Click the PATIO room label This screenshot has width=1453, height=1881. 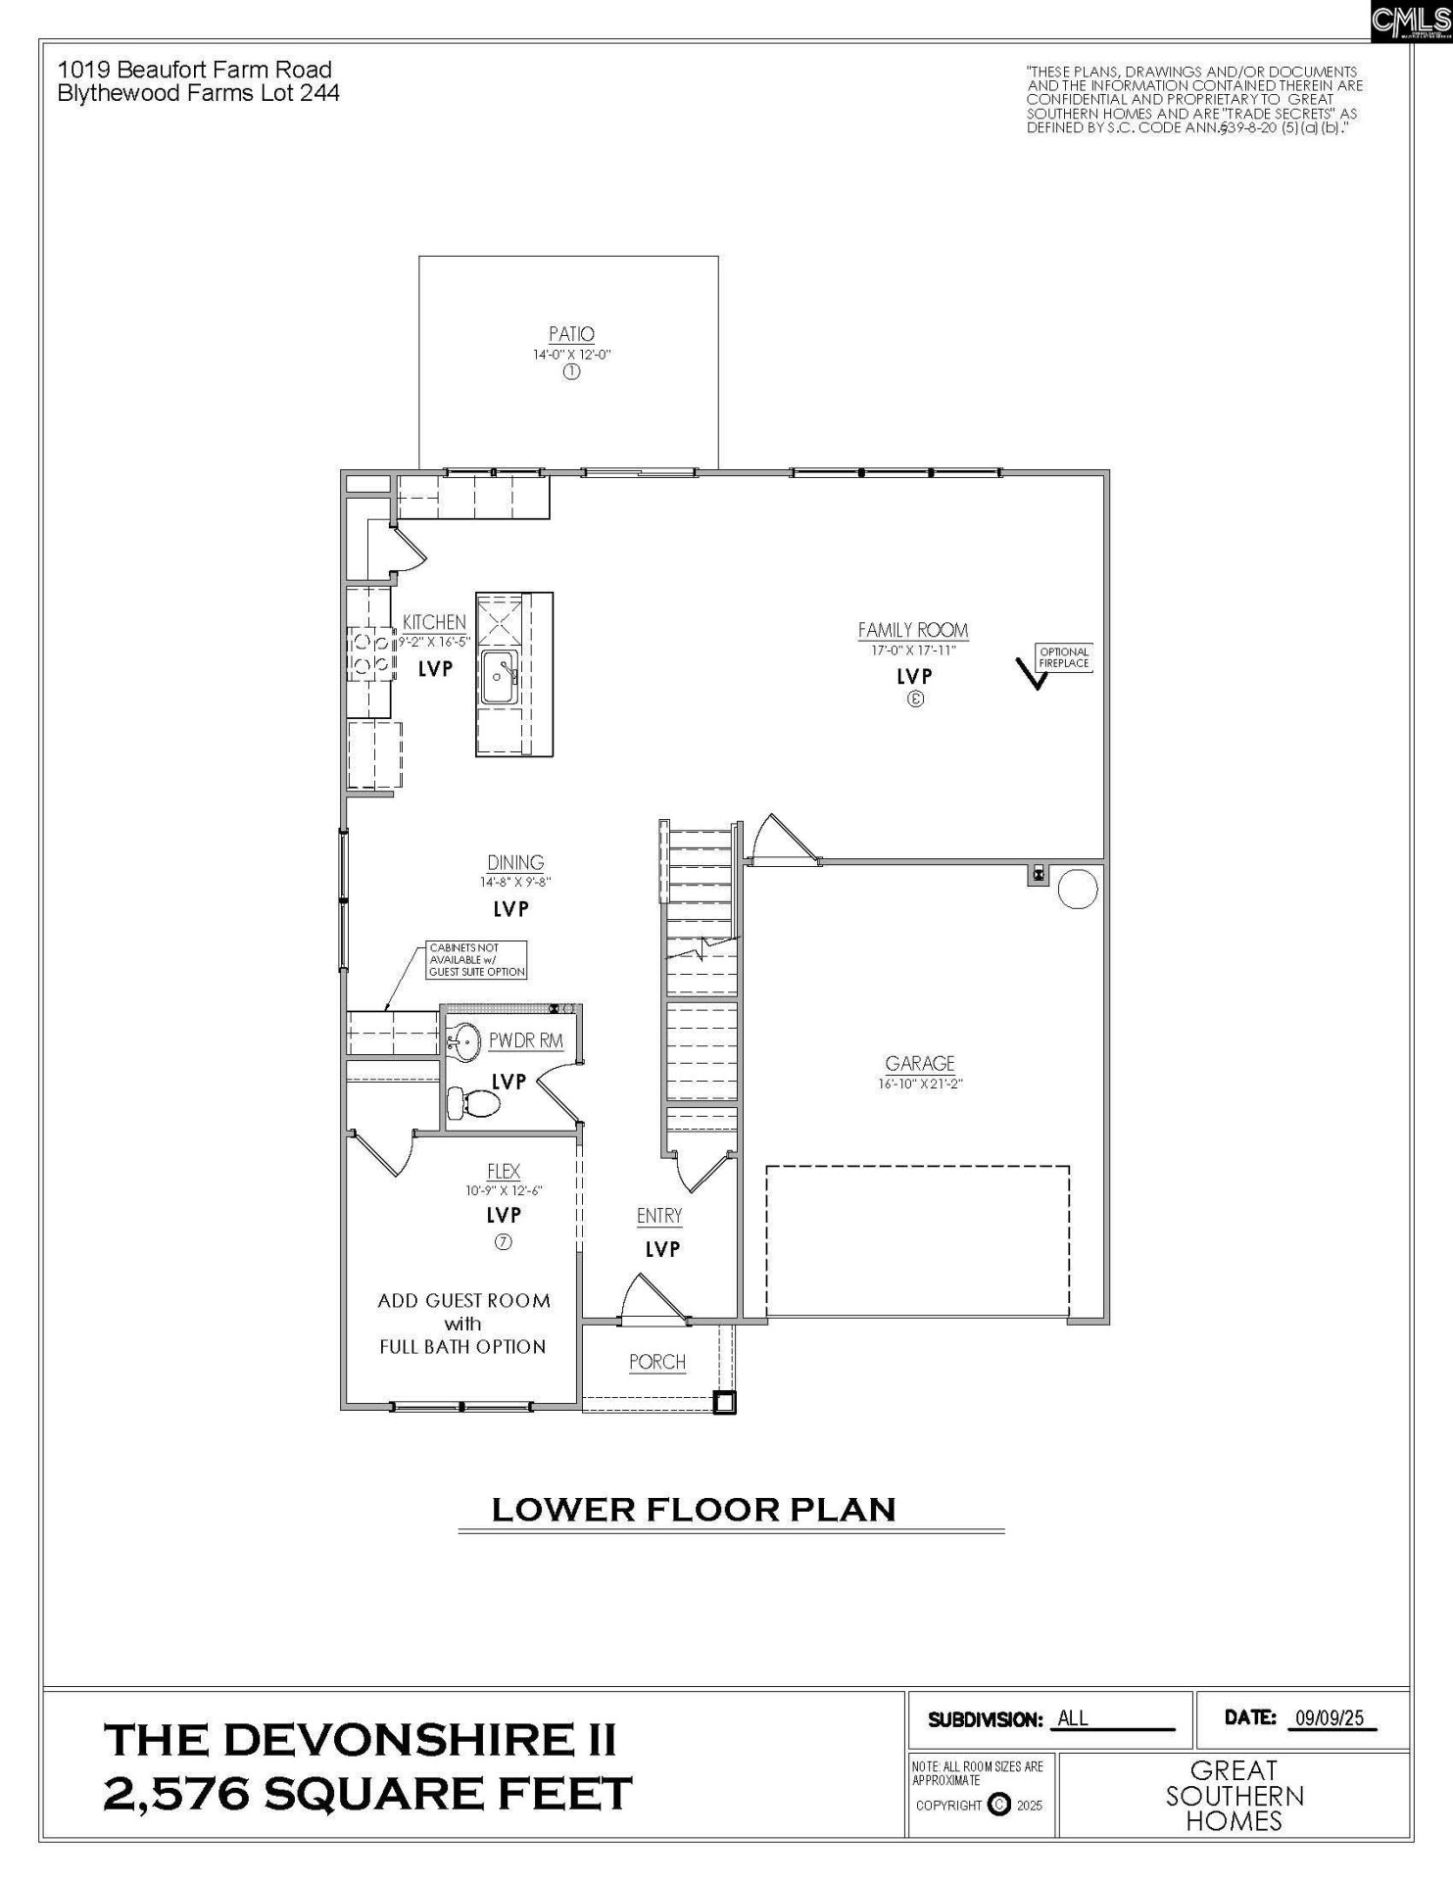571,334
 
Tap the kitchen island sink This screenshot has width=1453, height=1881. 499,676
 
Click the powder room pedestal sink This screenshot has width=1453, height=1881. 463,1041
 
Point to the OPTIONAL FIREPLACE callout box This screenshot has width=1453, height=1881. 1064,657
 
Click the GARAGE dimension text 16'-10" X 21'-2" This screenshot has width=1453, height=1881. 919,1084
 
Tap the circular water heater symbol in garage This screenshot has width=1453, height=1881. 1078,890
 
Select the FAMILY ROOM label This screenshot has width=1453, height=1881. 912,630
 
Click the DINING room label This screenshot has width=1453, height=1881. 515,862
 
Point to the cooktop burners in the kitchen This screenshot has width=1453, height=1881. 369,653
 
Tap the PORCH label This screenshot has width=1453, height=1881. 656,1362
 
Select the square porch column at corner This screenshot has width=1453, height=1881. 724,1403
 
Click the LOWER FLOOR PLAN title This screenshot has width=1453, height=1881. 694,1510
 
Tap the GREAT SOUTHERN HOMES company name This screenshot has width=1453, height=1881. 1234,1796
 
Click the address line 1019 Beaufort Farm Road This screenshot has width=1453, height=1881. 194,70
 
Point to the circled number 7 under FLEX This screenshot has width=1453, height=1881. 504,1241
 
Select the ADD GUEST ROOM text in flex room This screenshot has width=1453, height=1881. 463,1301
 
